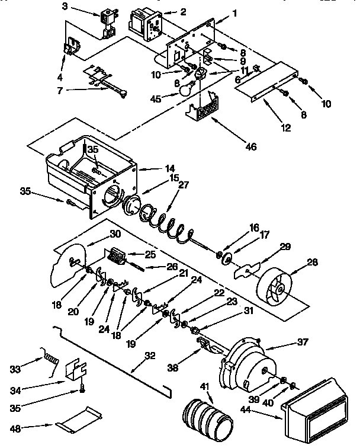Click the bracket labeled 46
[202, 109]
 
